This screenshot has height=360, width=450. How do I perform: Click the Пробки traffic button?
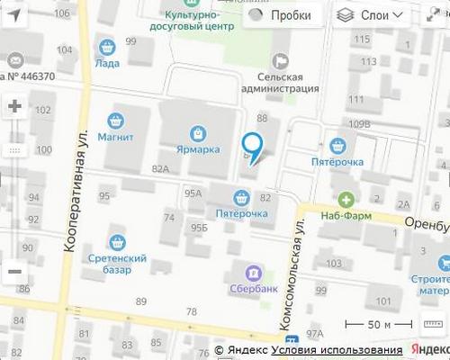pos(281,15)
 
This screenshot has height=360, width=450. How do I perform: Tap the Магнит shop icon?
pos(116,120)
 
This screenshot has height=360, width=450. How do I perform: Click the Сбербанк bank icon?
pos(255,272)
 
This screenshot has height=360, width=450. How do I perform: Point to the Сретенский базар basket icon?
pos(117,242)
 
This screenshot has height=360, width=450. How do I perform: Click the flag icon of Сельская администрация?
pos(280,61)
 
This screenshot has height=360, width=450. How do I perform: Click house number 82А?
pos(161,168)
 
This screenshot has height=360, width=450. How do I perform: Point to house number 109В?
pos(361,123)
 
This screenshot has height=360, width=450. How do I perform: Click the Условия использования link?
pos(340,350)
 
